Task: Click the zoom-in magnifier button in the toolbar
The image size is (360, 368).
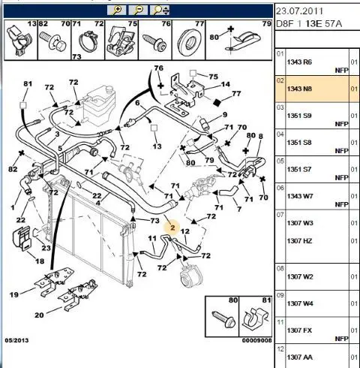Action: point(116,11)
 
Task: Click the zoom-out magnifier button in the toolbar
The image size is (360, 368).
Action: point(138,11)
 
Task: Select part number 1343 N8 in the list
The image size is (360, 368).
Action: point(299,89)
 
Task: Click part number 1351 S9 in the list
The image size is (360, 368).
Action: point(299,116)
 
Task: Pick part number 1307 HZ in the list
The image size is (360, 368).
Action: point(300,241)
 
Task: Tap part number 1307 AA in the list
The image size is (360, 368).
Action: point(300,357)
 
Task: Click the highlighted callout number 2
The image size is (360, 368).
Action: point(172,228)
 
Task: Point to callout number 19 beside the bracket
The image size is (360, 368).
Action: point(14,294)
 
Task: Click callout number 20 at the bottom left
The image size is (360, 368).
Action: point(39,315)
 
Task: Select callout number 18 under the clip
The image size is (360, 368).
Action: point(40,261)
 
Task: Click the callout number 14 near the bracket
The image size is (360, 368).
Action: point(225,84)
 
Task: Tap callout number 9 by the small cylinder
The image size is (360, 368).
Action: point(225,115)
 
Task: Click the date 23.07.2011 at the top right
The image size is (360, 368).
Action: point(299,11)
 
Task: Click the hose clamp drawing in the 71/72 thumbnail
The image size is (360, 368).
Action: point(88,41)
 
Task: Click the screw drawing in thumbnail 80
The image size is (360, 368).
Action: point(223,319)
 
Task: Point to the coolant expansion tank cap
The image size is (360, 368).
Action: point(109,89)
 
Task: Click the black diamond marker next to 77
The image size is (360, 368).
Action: point(217,102)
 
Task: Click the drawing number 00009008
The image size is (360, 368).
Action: point(256,340)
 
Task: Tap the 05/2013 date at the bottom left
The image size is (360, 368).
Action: point(16,340)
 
